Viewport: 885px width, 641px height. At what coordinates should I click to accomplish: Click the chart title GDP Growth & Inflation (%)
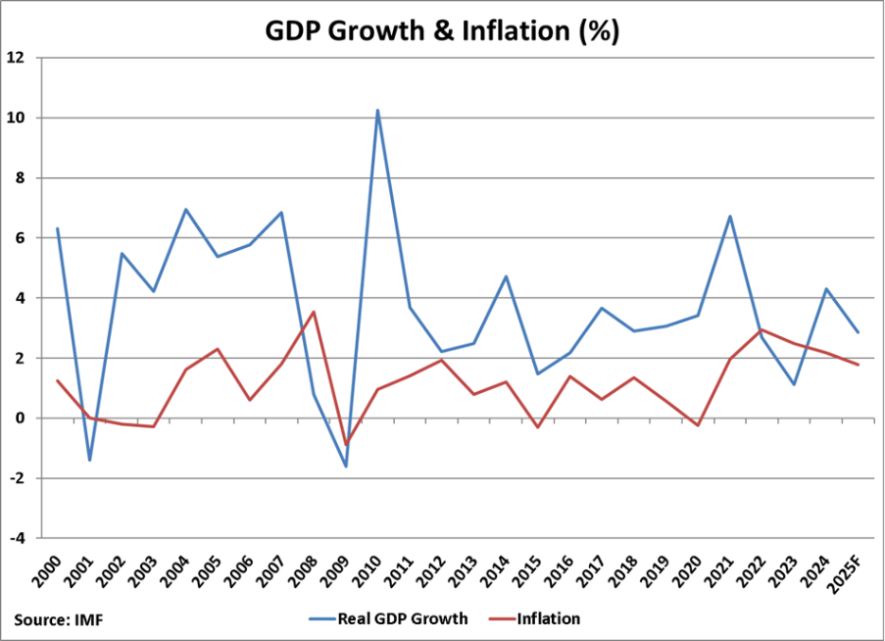(x=442, y=30)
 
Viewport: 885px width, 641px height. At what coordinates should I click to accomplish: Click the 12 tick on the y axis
(x=16, y=58)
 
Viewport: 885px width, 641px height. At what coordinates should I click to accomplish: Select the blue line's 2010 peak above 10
(x=377, y=111)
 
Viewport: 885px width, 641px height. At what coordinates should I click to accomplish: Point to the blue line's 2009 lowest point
(x=345, y=466)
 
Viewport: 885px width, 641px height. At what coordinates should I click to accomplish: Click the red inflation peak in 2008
(x=313, y=313)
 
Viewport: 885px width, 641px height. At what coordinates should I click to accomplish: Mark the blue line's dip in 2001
(x=90, y=460)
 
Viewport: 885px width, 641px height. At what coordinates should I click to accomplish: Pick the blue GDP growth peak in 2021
(x=729, y=217)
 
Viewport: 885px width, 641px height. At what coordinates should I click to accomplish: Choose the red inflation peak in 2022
(x=762, y=329)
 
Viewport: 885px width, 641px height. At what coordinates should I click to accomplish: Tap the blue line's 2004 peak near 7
(x=185, y=210)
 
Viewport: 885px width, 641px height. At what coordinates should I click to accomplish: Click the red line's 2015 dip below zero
(x=538, y=427)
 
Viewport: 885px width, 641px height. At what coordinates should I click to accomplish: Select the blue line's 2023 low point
(x=794, y=384)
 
